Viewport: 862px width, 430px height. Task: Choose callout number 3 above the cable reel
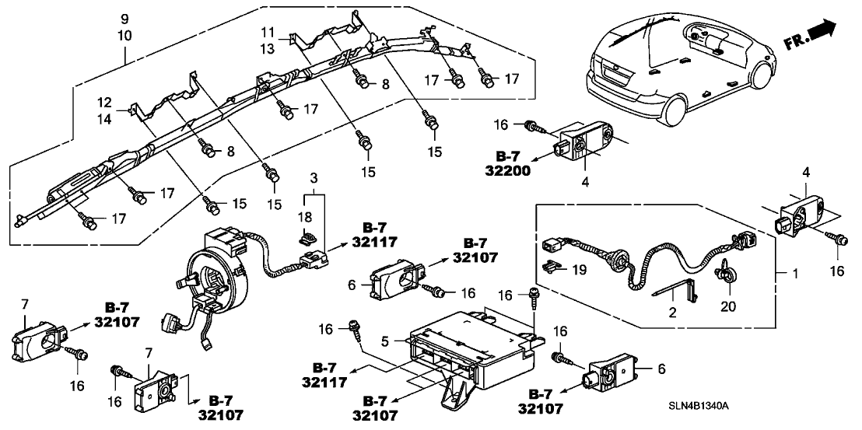point(314,180)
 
